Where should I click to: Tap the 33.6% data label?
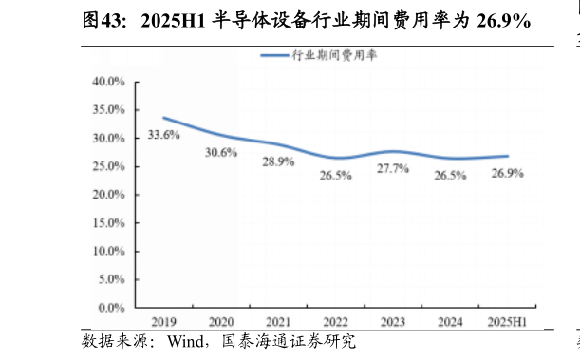(x=164, y=136)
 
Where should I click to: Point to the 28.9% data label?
(x=278, y=162)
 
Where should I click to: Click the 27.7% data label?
(x=392, y=169)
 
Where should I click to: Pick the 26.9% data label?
(x=507, y=174)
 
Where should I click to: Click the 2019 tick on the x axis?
(x=163, y=322)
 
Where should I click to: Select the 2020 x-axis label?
(x=220, y=322)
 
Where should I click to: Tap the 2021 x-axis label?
(x=278, y=322)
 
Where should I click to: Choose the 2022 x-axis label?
(x=335, y=322)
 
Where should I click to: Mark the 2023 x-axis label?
(x=392, y=322)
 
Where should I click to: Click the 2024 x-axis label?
(x=450, y=322)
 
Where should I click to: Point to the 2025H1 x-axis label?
(x=507, y=322)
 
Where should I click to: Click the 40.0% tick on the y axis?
(x=109, y=82)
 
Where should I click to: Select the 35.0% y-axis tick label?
(x=109, y=110)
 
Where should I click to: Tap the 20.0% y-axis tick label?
(x=109, y=195)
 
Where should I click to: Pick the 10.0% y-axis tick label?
(x=109, y=252)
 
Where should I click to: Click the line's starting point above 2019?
(x=163, y=118)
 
